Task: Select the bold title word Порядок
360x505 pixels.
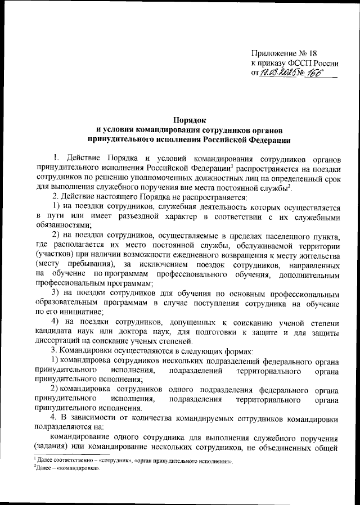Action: pos(189,120)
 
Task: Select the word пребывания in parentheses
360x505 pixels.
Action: pos(89,265)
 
